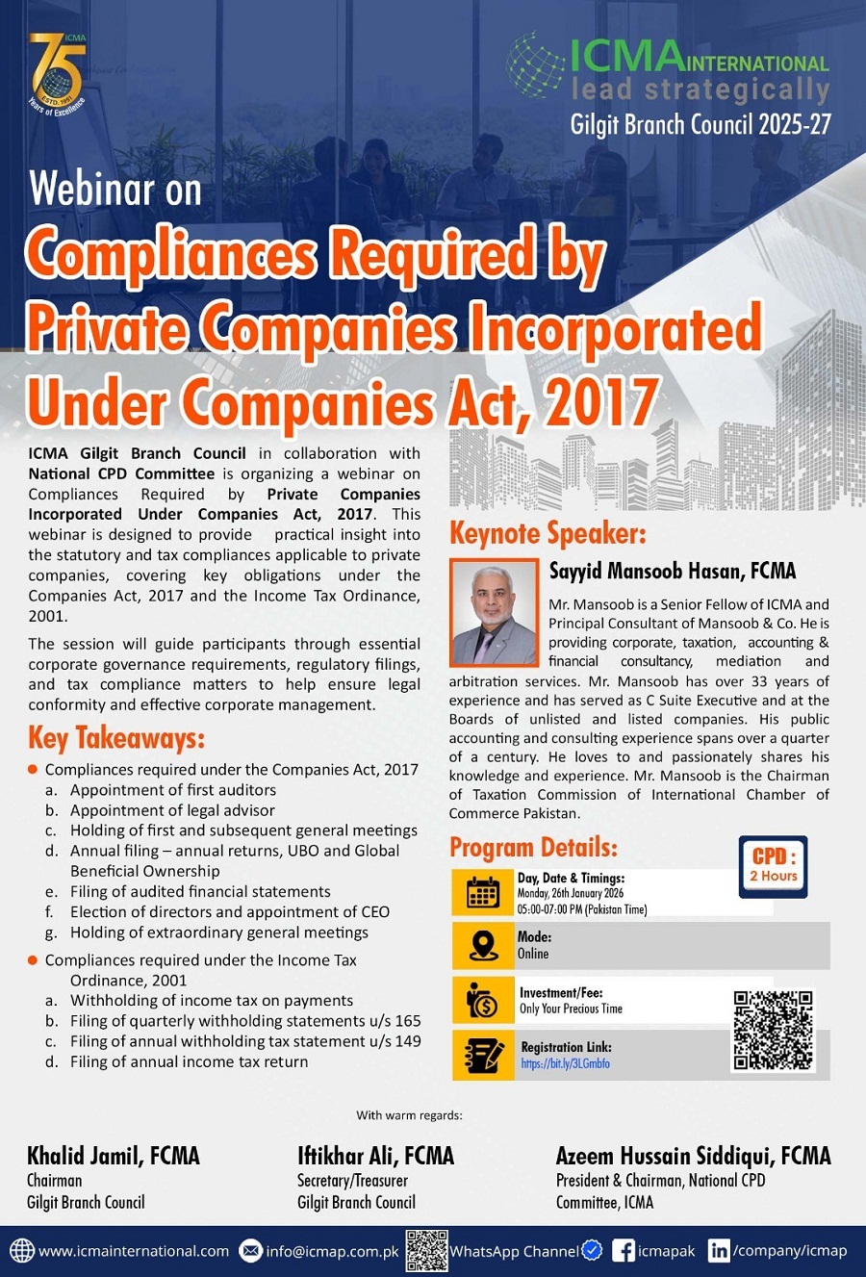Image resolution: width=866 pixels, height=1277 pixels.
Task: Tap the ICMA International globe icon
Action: (x=535, y=65)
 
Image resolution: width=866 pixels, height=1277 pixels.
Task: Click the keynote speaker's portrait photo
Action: (x=493, y=614)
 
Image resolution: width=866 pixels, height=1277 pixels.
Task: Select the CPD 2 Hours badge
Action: (x=774, y=866)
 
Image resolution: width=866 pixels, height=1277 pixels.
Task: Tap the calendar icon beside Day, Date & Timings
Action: (x=483, y=893)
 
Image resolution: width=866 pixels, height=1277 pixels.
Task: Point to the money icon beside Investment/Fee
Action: (x=483, y=1001)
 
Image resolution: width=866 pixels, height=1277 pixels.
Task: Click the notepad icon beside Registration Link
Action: (x=483, y=1055)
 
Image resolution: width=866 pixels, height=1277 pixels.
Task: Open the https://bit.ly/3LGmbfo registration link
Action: (x=565, y=1064)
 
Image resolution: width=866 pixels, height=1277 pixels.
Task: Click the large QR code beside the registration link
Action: (x=773, y=1031)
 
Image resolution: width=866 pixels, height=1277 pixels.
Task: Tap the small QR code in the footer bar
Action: (x=426, y=1250)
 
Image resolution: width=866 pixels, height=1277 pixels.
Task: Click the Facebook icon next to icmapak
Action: (x=623, y=1251)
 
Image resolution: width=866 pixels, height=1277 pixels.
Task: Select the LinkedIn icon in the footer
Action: (x=718, y=1251)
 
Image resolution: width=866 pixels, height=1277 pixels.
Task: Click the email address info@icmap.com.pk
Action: (x=332, y=1251)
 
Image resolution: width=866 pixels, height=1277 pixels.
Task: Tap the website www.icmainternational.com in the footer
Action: (x=133, y=1251)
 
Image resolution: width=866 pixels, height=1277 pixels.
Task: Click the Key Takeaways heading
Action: (x=116, y=738)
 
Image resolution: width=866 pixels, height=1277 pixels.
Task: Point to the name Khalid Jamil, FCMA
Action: (x=114, y=1156)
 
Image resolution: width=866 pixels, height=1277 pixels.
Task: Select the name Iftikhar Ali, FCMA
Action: (x=375, y=1156)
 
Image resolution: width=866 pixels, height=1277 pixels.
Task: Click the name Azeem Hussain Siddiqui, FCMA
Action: (x=693, y=1156)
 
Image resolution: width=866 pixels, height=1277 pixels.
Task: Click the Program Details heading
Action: (x=533, y=847)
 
